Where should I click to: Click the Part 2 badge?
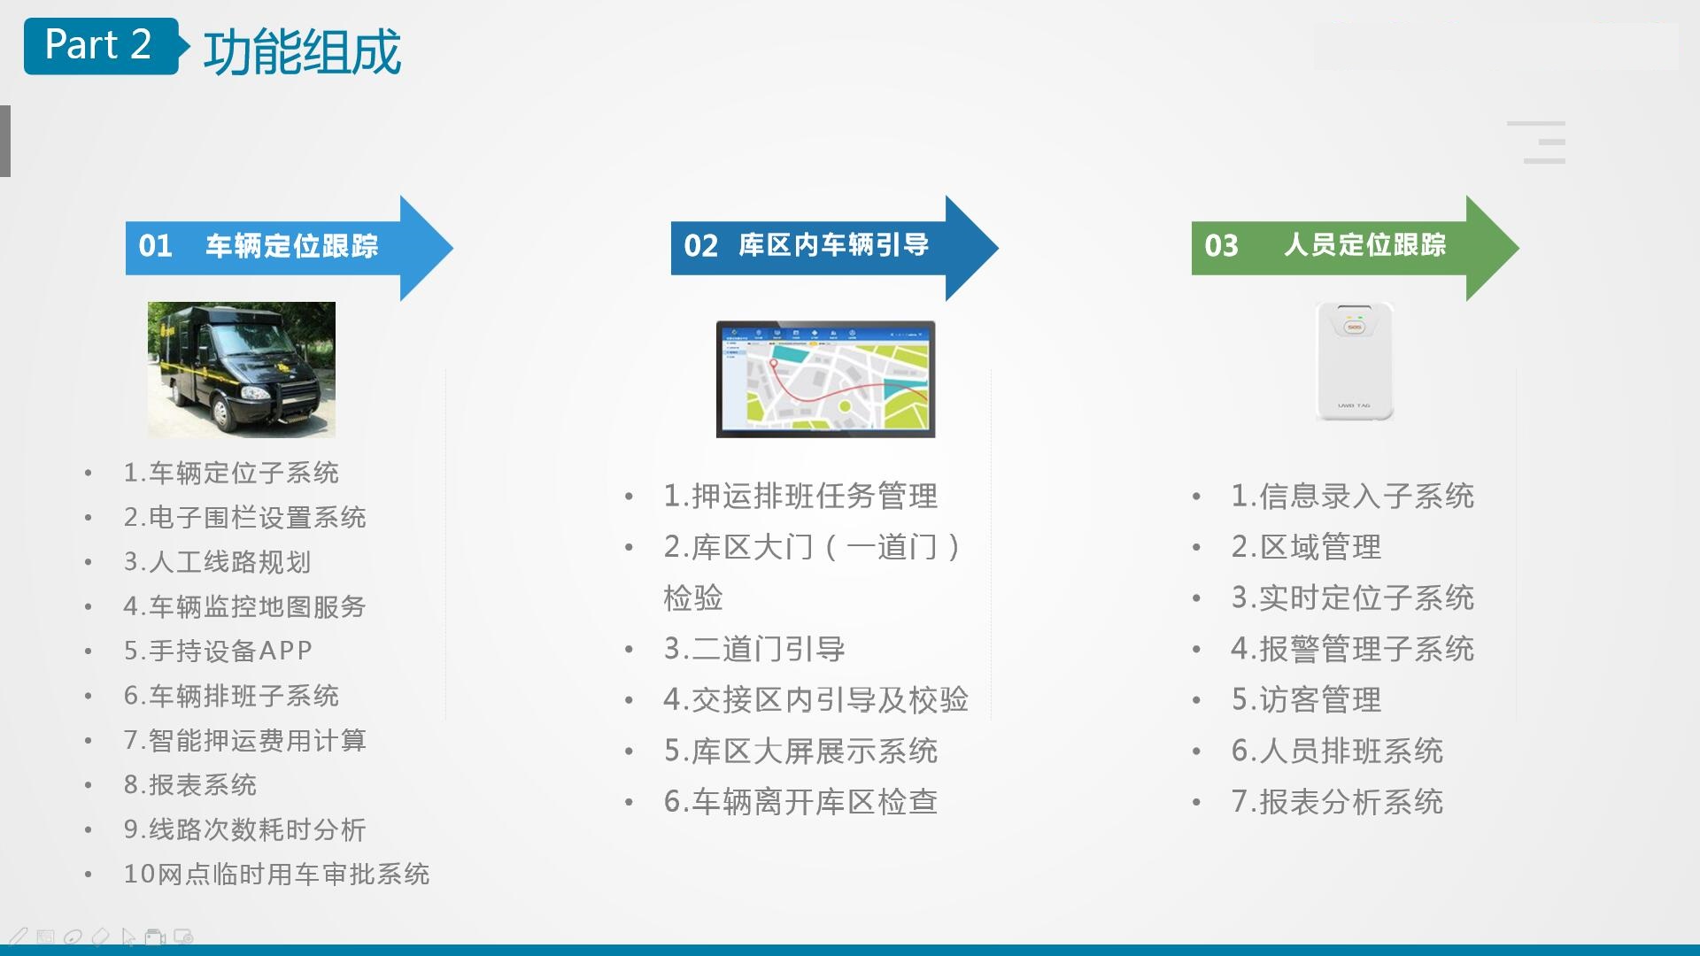coord(101,46)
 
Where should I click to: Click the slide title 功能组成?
coord(302,51)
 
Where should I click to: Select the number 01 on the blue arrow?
coord(155,245)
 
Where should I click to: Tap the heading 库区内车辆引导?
coord(833,244)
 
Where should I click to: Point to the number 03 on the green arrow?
coord(1221,245)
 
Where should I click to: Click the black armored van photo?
coord(242,369)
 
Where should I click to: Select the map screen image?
coord(825,379)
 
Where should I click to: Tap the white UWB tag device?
coord(1355,361)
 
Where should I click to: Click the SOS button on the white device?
coord(1355,327)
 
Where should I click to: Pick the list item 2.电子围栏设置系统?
coord(244,517)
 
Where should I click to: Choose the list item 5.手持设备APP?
coord(218,651)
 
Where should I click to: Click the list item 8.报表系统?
coord(189,784)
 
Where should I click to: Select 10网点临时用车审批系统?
coord(276,874)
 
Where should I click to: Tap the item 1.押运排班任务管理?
coord(800,496)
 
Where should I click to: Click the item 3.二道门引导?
coord(754,649)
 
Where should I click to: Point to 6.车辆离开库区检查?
coord(800,802)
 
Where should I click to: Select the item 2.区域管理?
coord(1306,547)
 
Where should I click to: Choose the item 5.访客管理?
coord(1306,700)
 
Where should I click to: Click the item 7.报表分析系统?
coord(1337,802)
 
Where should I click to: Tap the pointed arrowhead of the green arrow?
coord(1518,248)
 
